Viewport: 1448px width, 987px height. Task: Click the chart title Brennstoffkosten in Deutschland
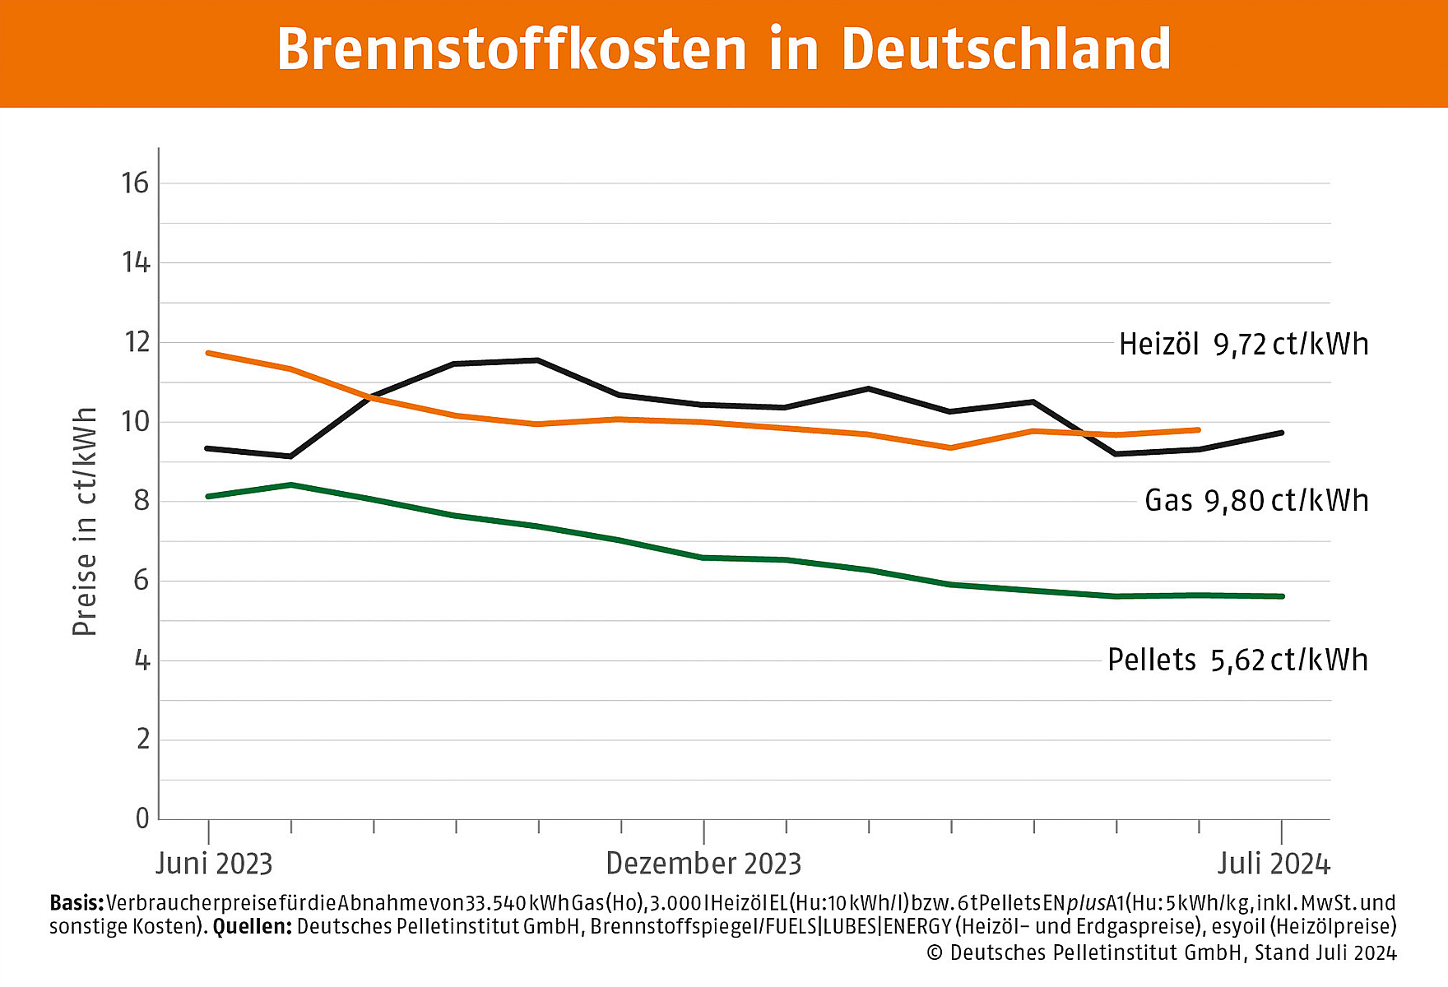(x=724, y=49)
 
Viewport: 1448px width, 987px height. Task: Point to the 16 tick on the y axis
(x=136, y=183)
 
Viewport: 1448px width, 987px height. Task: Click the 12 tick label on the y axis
(x=136, y=342)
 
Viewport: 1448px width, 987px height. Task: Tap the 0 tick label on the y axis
(x=142, y=818)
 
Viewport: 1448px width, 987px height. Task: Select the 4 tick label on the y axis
(x=142, y=660)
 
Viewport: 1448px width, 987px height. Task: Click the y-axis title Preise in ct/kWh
(x=85, y=521)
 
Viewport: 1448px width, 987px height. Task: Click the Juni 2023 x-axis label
(x=214, y=864)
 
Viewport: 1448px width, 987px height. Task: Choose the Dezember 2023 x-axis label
(x=703, y=864)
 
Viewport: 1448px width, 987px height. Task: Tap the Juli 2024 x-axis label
(x=1274, y=864)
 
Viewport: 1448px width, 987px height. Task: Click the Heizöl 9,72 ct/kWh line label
(x=1243, y=344)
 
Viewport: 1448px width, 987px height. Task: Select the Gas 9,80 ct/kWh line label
(x=1256, y=501)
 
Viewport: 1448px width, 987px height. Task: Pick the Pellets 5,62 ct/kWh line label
(x=1237, y=660)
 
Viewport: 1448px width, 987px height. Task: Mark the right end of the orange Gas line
(x=1199, y=429)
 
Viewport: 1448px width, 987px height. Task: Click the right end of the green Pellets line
(x=1282, y=596)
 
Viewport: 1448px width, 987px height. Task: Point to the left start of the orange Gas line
(x=208, y=353)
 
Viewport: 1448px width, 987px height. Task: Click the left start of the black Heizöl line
(x=208, y=448)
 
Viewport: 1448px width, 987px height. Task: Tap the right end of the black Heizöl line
(x=1282, y=433)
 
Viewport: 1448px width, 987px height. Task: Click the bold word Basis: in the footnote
(x=77, y=903)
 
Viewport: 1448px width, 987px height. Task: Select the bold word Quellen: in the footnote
(x=252, y=927)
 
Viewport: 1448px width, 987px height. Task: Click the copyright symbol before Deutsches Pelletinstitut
(x=935, y=953)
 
